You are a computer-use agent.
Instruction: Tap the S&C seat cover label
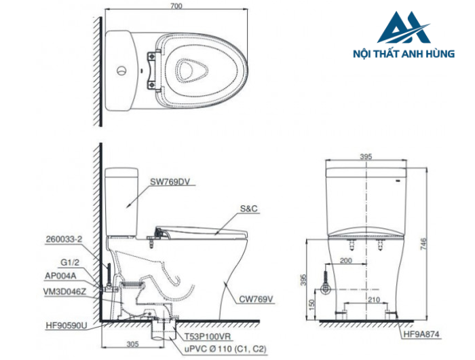tap(249, 209)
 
